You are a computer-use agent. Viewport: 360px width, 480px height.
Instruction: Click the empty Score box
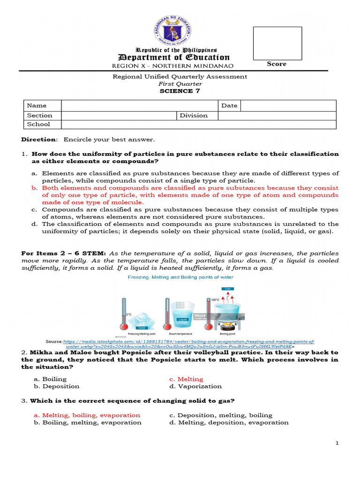tap(277, 43)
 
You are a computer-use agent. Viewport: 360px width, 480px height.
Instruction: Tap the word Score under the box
tap(277, 64)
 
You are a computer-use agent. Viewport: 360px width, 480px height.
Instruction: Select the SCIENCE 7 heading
tap(180, 91)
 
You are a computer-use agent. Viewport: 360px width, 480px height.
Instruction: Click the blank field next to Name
tap(140, 106)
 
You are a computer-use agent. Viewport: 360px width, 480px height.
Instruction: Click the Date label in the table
tap(229, 106)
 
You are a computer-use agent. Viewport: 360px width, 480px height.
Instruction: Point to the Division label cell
tap(194, 115)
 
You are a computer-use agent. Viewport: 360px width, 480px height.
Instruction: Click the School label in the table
tap(38, 124)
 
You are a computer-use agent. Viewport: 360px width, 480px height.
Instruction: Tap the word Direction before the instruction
tap(39, 140)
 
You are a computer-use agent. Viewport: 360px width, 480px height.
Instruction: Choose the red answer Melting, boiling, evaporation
tap(87, 415)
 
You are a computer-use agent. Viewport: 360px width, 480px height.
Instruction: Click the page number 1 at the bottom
tap(337, 443)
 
